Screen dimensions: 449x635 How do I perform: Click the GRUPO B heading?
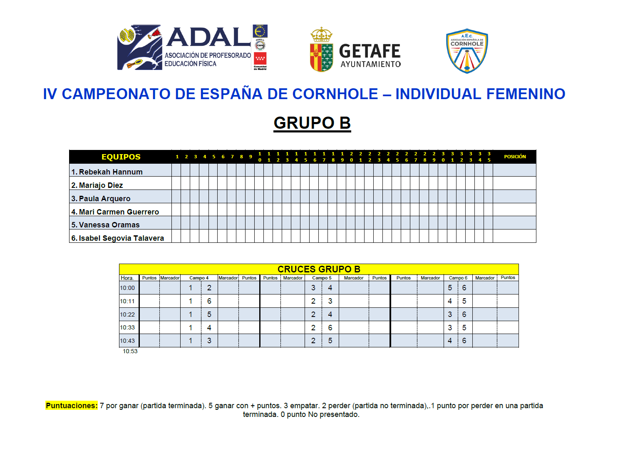point(312,123)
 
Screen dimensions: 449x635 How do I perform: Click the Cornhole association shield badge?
point(467,51)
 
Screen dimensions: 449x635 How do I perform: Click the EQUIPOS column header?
point(121,157)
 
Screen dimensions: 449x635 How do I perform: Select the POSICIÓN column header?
point(515,157)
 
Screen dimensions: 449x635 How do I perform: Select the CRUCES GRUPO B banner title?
point(319,269)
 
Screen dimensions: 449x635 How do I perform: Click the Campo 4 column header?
point(199,278)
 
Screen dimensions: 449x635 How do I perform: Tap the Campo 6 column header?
point(458,278)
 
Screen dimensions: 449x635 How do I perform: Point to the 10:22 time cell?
point(127,314)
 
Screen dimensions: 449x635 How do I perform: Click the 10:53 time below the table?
point(130,351)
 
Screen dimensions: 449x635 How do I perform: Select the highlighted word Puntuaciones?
point(72,406)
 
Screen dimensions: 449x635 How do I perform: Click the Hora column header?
point(127,278)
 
